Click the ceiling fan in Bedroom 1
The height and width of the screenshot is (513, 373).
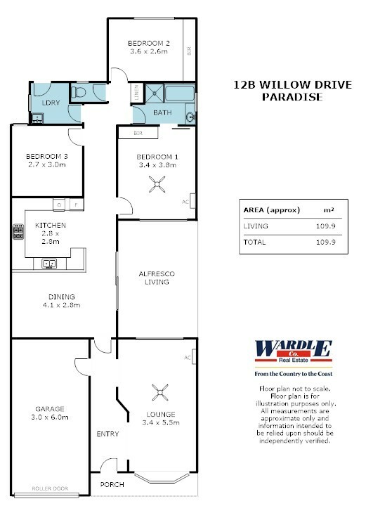[x=157, y=184]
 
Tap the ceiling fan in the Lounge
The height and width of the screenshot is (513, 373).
[x=160, y=392]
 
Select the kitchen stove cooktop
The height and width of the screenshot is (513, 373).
[x=18, y=231]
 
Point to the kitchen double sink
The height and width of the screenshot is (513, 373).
[x=49, y=264]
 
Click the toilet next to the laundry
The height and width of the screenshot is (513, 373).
[x=79, y=93]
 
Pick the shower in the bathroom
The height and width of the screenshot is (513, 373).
[x=154, y=93]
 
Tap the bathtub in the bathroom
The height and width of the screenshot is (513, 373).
[x=180, y=93]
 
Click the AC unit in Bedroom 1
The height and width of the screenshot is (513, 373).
[x=192, y=201]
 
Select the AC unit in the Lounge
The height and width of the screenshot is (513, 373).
[x=194, y=356]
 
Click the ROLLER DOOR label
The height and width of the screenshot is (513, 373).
[x=50, y=488]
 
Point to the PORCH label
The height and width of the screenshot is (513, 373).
[x=112, y=484]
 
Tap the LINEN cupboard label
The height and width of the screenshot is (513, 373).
[x=137, y=92]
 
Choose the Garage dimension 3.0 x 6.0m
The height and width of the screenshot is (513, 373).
[x=50, y=417]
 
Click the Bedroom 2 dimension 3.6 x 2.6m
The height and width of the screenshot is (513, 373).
[x=149, y=51]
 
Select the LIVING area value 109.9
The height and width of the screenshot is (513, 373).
[x=326, y=226]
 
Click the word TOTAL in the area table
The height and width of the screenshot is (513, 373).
[x=254, y=242]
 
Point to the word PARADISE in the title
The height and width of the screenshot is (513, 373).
[x=292, y=97]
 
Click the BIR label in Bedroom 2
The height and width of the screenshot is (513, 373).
[x=189, y=51]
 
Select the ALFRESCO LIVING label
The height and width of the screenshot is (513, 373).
[x=157, y=278]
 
